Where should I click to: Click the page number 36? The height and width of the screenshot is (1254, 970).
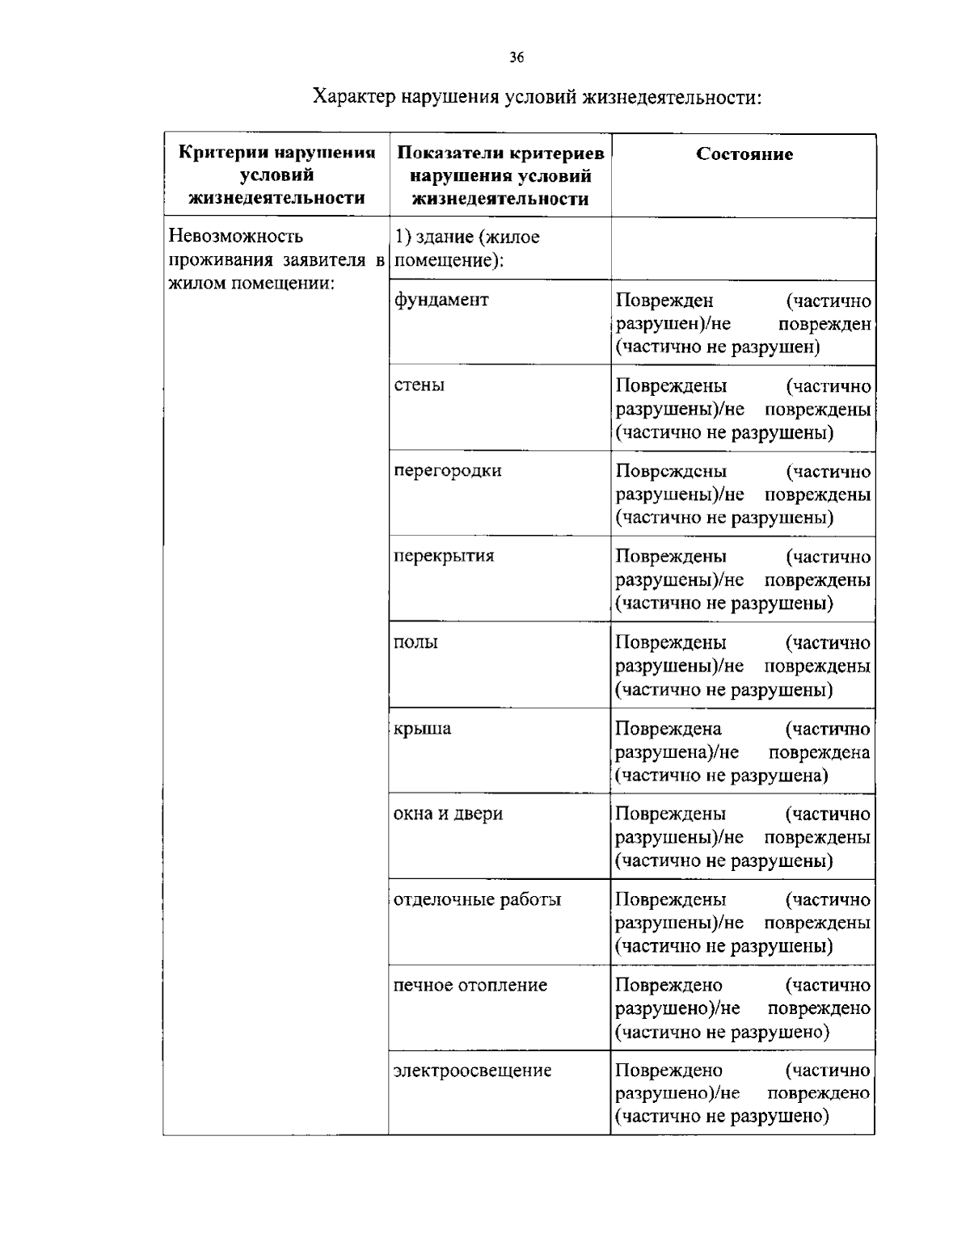tap(517, 57)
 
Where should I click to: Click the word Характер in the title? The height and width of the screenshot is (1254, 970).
tap(353, 98)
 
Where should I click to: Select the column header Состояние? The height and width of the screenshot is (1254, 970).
tap(744, 154)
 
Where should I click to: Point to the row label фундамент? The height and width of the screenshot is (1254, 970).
tap(441, 300)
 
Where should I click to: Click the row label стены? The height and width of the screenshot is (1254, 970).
tap(419, 385)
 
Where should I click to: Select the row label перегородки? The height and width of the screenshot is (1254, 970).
tap(447, 470)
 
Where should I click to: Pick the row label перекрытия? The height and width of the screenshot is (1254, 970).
tap(444, 556)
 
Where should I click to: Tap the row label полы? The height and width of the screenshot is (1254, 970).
tap(415, 642)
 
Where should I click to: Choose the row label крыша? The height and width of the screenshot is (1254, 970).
tap(422, 728)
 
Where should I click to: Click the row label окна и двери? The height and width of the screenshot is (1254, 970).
tap(448, 814)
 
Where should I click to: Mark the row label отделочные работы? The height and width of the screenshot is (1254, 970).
tap(477, 899)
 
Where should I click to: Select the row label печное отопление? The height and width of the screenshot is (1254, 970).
tap(470, 985)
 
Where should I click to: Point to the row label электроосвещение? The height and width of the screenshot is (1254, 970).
tap(472, 1071)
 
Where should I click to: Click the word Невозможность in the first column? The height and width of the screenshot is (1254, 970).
tap(236, 236)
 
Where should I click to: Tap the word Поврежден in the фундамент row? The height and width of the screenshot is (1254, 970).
tap(664, 301)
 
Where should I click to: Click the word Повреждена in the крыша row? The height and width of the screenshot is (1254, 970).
tap(668, 729)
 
